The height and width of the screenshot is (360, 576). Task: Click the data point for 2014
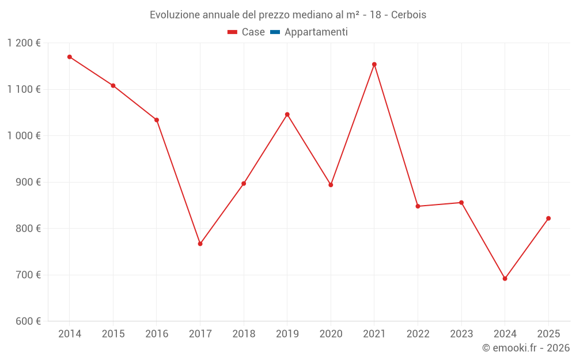[x=70, y=57]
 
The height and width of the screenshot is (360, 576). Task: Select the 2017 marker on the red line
[x=200, y=244]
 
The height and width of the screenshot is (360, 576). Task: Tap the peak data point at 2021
[x=374, y=65]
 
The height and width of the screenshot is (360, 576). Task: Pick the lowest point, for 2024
[x=505, y=279]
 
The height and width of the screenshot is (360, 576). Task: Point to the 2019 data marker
[x=287, y=115]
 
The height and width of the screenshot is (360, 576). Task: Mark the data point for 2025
[x=548, y=218]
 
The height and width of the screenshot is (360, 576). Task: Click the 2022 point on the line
[x=418, y=206]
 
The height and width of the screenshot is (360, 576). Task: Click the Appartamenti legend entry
[x=316, y=32]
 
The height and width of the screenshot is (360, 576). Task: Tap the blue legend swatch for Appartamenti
[x=275, y=32]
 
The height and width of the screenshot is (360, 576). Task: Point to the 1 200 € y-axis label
[x=24, y=43]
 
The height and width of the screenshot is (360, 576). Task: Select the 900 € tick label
[x=29, y=182]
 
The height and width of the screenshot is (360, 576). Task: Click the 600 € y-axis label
[x=29, y=321]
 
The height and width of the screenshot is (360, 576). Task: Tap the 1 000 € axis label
[x=24, y=135]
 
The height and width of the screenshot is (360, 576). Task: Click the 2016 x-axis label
[x=157, y=334]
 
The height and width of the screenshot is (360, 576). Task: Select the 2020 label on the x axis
[x=331, y=334]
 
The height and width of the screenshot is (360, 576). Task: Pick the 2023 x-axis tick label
[x=461, y=334]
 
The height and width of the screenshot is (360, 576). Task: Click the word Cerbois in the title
[x=408, y=15]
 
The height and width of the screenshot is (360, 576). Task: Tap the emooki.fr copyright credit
[x=526, y=348]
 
